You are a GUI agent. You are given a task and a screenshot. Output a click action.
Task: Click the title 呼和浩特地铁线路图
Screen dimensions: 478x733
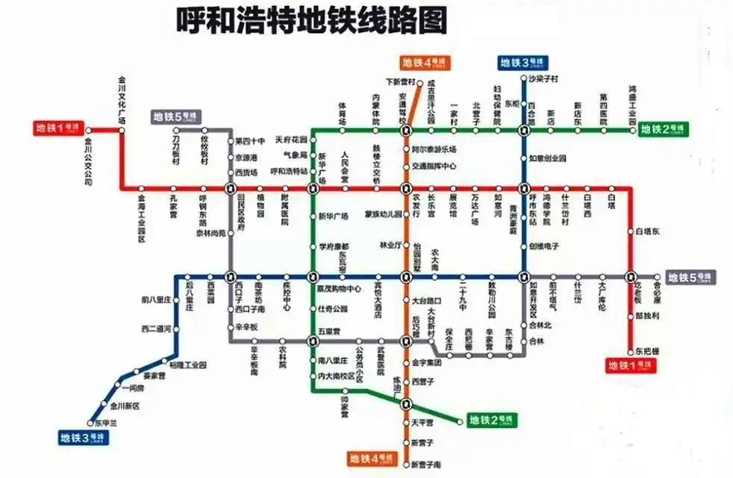tap(311, 20)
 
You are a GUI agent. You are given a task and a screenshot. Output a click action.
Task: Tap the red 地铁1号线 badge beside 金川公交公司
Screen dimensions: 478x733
tap(59, 128)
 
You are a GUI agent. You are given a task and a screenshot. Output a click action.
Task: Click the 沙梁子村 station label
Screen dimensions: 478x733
tap(543, 78)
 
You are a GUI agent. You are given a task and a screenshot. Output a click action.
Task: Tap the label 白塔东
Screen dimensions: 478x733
tap(646, 232)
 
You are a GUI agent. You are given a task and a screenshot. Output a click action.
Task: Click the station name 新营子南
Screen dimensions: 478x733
tap(426, 465)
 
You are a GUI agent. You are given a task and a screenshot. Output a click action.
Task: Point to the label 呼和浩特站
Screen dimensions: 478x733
tap(289, 171)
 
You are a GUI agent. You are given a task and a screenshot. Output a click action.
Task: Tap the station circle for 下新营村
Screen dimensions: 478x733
tap(420, 83)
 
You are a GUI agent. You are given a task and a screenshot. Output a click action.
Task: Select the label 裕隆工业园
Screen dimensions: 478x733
tap(187, 364)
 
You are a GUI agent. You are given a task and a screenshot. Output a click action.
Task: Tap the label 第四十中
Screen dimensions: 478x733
tap(250, 141)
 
